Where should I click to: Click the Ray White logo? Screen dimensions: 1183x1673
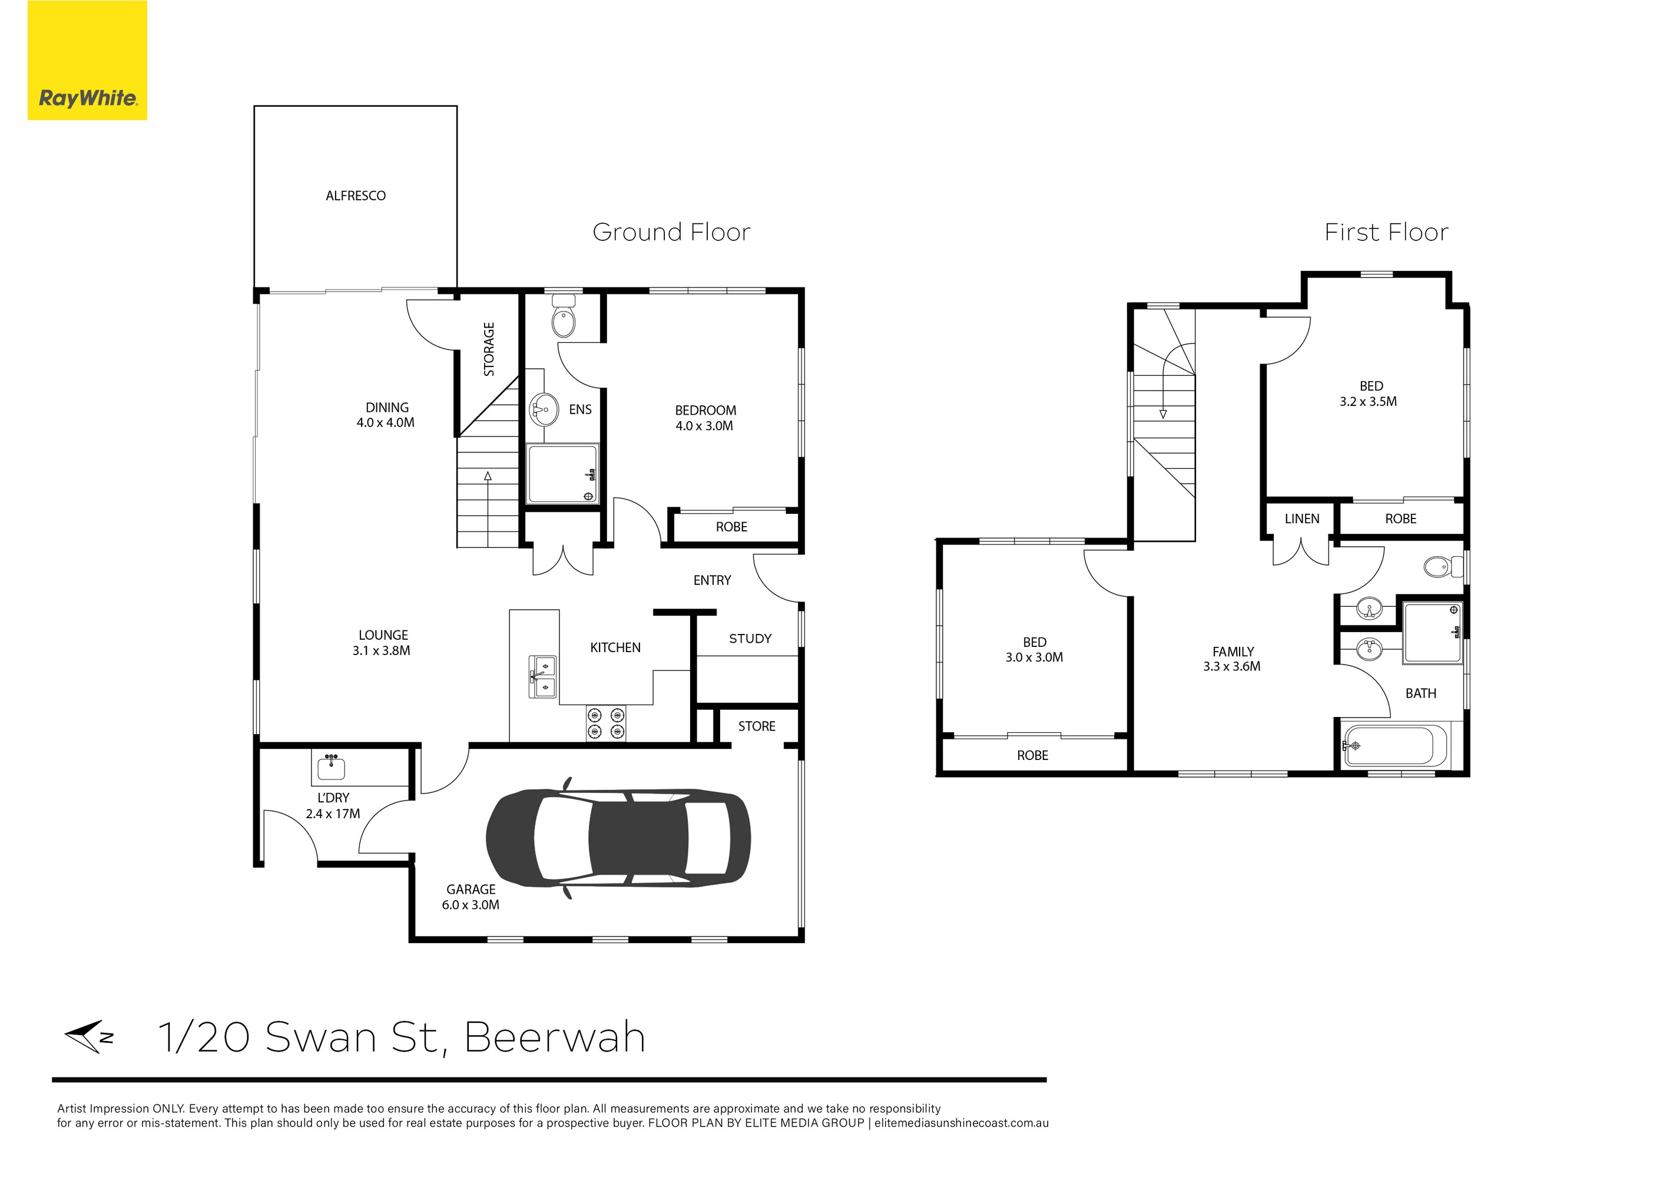[x=87, y=61]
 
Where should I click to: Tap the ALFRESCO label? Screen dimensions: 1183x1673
[x=356, y=196]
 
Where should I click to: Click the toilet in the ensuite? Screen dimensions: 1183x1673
[x=563, y=319]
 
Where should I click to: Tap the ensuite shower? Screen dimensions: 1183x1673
[x=562, y=474]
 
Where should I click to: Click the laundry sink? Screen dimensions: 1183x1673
[x=332, y=768]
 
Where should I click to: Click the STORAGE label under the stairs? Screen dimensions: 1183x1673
[x=489, y=349]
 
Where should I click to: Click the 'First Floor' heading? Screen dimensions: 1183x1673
[x=1386, y=233]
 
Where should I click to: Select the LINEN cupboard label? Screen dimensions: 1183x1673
[x=1301, y=519]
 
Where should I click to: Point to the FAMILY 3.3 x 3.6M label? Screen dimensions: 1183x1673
[x=1232, y=659]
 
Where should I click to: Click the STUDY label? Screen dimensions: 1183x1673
[x=750, y=639]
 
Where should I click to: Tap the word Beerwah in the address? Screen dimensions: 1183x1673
[x=555, y=1037]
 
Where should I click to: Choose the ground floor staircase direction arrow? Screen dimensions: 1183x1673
[x=488, y=477]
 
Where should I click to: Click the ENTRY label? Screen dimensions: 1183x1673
[x=712, y=580]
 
